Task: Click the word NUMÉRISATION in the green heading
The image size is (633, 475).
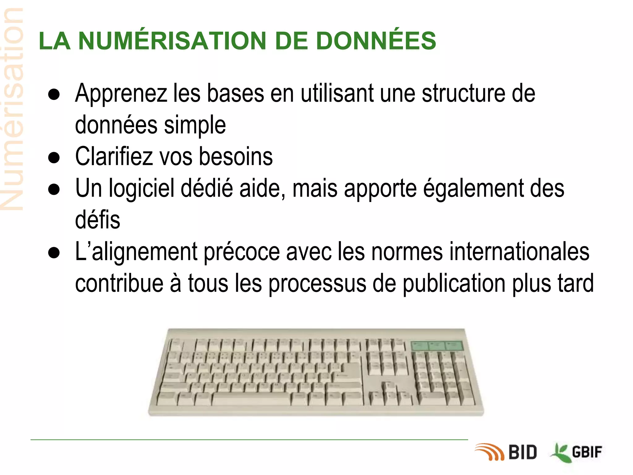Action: pyautogui.click(x=172, y=41)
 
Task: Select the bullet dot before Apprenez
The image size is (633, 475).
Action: pyautogui.click(x=54, y=94)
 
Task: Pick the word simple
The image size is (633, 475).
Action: pyautogui.click(x=195, y=125)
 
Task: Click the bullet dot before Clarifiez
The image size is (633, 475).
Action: pyautogui.click(x=54, y=158)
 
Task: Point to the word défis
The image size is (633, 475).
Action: pyautogui.click(x=98, y=220)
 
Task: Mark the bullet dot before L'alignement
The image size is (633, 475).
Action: pyautogui.click(x=54, y=253)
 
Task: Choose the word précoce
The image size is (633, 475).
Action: pyautogui.click(x=242, y=252)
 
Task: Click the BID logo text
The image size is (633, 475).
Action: pyautogui.click(x=523, y=452)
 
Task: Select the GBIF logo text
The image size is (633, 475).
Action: pyautogui.click(x=587, y=452)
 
